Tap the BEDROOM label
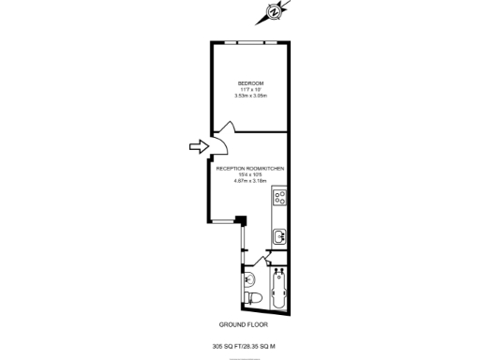(250, 82)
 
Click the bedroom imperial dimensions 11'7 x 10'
(250, 89)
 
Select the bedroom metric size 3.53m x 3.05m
(250, 96)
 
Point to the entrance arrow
(197, 145)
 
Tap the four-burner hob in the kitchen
(279, 198)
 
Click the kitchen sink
(278, 236)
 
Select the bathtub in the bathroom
(278, 290)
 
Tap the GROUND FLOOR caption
(243, 324)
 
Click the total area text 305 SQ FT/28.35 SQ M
(244, 346)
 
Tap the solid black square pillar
(241, 220)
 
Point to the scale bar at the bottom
(244, 355)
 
